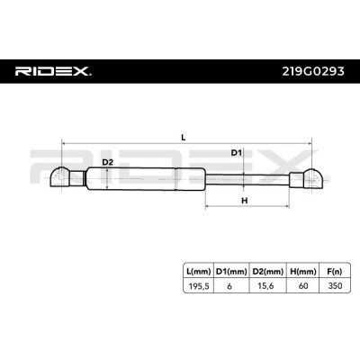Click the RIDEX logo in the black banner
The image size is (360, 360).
(x=53, y=71)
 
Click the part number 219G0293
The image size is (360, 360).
(x=313, y=71)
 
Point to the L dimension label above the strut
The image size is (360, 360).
(x=184, y=138)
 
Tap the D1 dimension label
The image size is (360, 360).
(x=236, y=153)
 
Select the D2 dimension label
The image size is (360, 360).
(x=107, y=162)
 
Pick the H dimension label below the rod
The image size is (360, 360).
(x=245, y=201)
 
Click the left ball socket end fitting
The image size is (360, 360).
(x=60, y=177)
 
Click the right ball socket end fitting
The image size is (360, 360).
(x=313, y=178)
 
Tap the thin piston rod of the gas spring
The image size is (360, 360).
(x=247, y=179)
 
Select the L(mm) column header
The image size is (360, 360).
(x=198, y=272)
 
